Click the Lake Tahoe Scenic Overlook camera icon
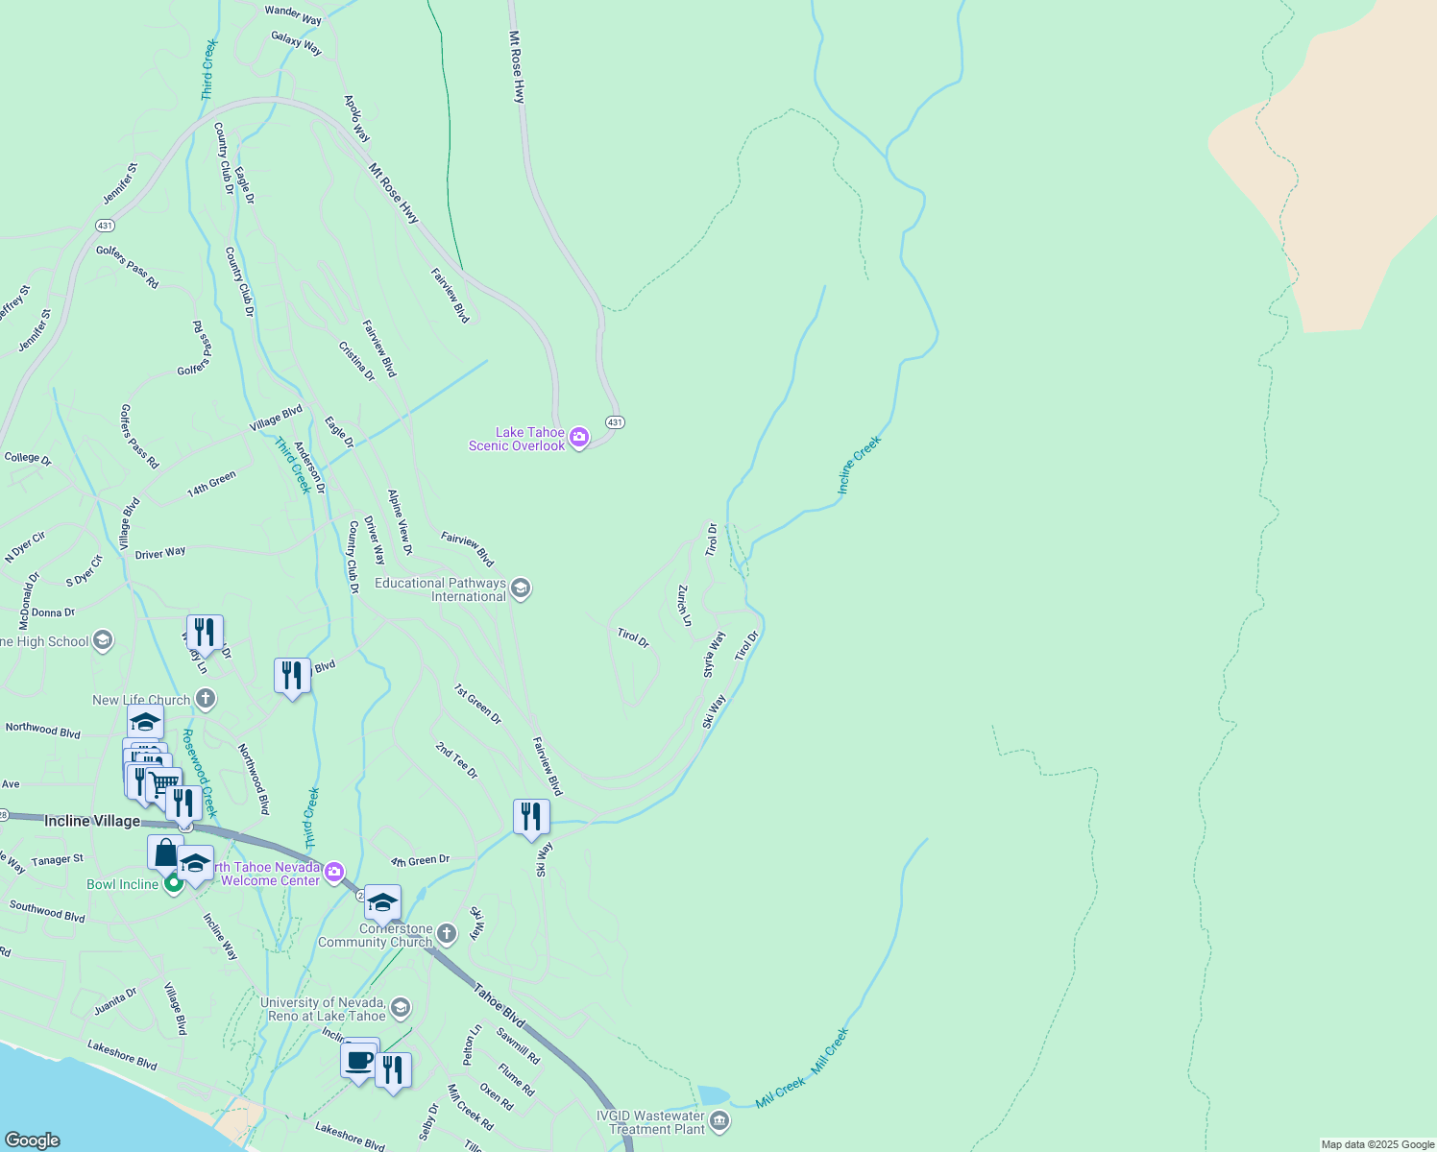pyautogui.click(x=579, y=439)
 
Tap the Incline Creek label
pyautogui.click(x=858, y=466)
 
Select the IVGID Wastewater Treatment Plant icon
pyautogui.click(x=719, y=1121)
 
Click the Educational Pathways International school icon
pyautogui.click(x=521, y=588)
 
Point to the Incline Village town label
pyautogui.click(x=92, y=821)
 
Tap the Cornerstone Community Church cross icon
pyautogui.click(x=447, y=933)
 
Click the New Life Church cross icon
pyautogui.click(x=205, y=699)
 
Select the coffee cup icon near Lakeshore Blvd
pyautogui.click(x=359, y=1061)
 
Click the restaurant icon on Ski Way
pyautogui.click(x=531, y=817)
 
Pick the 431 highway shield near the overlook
pyautogui.click(x=615, y=422)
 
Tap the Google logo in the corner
pyautogui.click(x=33, y=1140)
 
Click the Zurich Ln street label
pyautogui.click(x=684, y=605)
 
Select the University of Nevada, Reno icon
pyautogui.click(x=401, y=1008)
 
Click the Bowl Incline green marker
pyautogui.click(x=174, y=883)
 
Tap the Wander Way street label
pyautogui.click(x=293, y=15)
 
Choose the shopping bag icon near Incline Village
pyautogui.click(x=165, y=852)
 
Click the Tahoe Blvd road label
pyautogui.click(x=499, y=1005)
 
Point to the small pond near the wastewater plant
pyautogui.click(x=713, y=1095)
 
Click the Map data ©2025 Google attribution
pyautogui.click(x=1377, y=1144)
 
